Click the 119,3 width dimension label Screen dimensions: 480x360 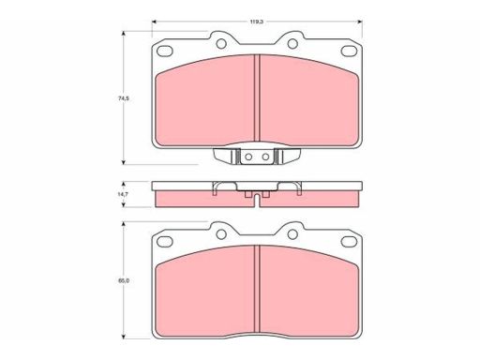coord(257,22)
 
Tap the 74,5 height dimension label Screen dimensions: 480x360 coord(124,98)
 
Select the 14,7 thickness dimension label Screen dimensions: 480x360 coord(123,194)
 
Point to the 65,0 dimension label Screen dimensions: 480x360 coord(124,280)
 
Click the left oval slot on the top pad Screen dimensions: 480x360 coord(164,51)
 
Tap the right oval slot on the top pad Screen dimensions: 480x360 coord(349,51)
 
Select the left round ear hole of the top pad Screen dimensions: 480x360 coord(221,44)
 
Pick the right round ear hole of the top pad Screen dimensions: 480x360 coord(292,44)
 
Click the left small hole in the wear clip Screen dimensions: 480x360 coord(248,157)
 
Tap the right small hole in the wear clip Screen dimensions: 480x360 coord(265,157)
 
